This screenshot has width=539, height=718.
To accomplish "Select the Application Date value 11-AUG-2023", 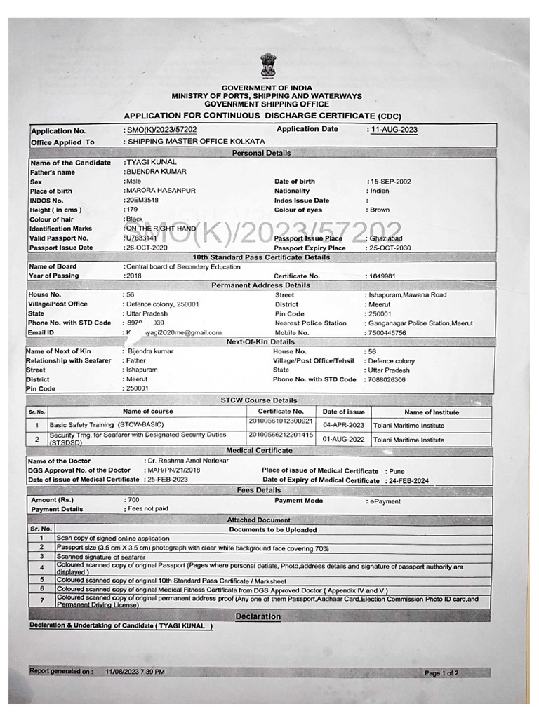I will pos(394,130).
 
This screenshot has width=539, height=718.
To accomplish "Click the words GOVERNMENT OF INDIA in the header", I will pos(267,88).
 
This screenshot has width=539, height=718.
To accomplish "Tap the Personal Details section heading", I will pos(261,153).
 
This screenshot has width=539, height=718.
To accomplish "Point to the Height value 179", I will pos(131,210).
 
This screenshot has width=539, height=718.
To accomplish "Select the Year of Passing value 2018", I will pos(133,276).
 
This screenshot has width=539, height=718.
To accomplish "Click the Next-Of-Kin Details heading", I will pos(260,341).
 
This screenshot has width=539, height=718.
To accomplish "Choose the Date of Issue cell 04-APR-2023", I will pos(343,425).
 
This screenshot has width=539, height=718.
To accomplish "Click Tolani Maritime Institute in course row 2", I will pos(408,440).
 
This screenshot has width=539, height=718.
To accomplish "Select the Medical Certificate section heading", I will pos(259,450).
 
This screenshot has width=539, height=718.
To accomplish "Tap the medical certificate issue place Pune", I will pos(397,471).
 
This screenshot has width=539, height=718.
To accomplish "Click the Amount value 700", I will pos(133,500).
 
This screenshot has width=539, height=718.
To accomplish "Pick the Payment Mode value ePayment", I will pos(383,502).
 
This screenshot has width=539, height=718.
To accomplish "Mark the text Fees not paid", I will pos(147,509).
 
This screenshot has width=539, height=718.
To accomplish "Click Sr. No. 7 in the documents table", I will pos(41,601).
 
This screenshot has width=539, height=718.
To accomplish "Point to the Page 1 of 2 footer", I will pos(441,673).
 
